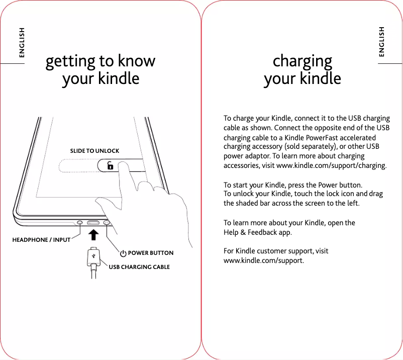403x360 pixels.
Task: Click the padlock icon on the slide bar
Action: (x=110, y=166)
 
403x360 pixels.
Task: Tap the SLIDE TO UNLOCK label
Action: (x=94, y=151)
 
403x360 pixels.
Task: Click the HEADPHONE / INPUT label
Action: (x=41, y=240)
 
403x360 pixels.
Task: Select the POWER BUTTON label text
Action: (x=151, y=253)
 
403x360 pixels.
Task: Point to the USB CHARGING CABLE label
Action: (x=139, y=267)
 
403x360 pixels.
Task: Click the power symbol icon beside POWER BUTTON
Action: (x=123, y=253)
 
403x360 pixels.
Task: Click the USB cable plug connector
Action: (x=93, y=257)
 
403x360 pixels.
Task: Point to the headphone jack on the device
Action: (x=80, y=222)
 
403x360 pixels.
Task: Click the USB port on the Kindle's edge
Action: (x=93, y=222)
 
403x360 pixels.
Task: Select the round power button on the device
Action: (x=107, y=222)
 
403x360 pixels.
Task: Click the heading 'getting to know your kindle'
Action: (x=100, y=70)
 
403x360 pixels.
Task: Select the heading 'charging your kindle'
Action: (x=302, y=70)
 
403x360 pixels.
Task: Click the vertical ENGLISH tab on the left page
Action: (x=22, y=42)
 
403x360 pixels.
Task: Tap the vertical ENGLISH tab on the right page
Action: (x=382, y=42)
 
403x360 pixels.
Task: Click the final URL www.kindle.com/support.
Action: (x=263, y=260)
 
